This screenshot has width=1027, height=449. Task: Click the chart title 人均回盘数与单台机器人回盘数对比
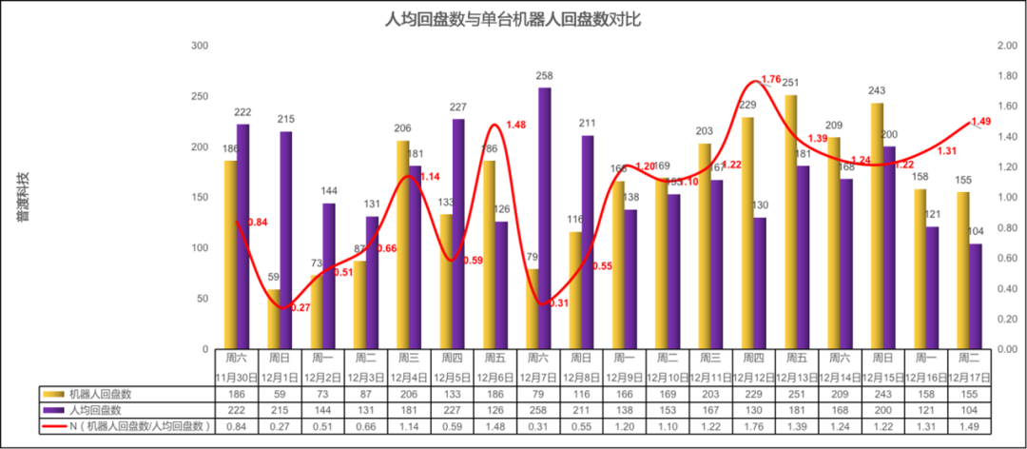click(513, 19)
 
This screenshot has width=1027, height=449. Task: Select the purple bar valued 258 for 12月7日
click(544, 219)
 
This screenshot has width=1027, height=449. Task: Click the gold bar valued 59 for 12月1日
click(273, 319)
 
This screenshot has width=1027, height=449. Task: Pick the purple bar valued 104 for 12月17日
click(976, 296)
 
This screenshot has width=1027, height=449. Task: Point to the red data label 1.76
click(771, 79)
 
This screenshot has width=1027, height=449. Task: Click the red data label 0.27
click(300, 307)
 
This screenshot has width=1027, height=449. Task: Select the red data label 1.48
click(515, 125)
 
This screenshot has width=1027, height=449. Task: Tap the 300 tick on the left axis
click(200, 46)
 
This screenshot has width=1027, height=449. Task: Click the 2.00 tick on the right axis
click(1006, 46)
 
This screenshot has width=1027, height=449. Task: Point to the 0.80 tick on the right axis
click(1006, 228)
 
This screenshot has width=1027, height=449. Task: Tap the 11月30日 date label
click(235, 378)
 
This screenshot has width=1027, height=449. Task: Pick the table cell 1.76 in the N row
click(753, 425)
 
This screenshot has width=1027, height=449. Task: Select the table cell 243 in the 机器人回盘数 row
click(882, 393)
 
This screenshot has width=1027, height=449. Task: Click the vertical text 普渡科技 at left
click(22, 197)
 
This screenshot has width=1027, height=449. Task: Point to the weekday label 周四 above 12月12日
click(753, 359)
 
